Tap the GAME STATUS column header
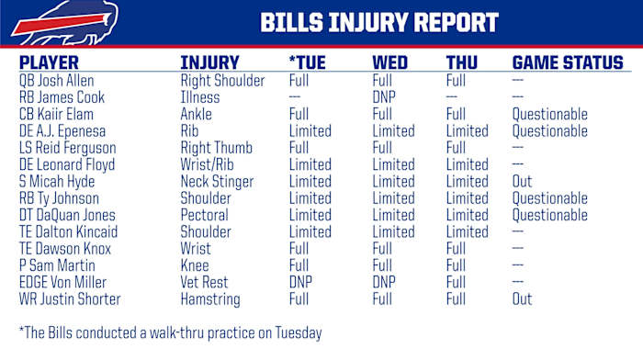coord(567,63)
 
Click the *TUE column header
coord(310,63)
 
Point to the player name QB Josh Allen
coord(62,81)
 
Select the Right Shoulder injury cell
coord(222,81)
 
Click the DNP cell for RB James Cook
coord(384,97)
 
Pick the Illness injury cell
coord(200,97)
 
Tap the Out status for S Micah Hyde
coord(522,182)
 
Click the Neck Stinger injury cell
coord(217,182)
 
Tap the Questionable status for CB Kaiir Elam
coord(549,115)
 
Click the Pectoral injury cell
coord(206,216)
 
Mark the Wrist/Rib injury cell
coord(209,165)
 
